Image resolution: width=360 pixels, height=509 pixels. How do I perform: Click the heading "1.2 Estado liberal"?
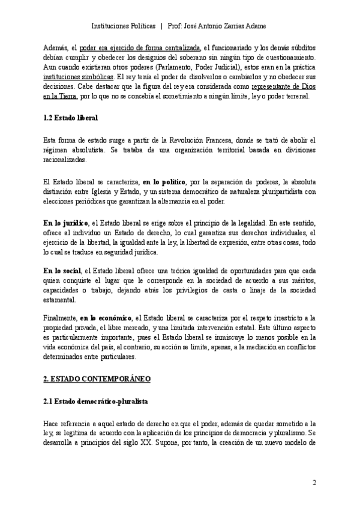coord(70,118)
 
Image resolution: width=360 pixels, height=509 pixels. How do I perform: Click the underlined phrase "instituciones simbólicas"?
coord(78,78)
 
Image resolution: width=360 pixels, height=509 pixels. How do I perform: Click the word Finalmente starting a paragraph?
coord(59,318)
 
